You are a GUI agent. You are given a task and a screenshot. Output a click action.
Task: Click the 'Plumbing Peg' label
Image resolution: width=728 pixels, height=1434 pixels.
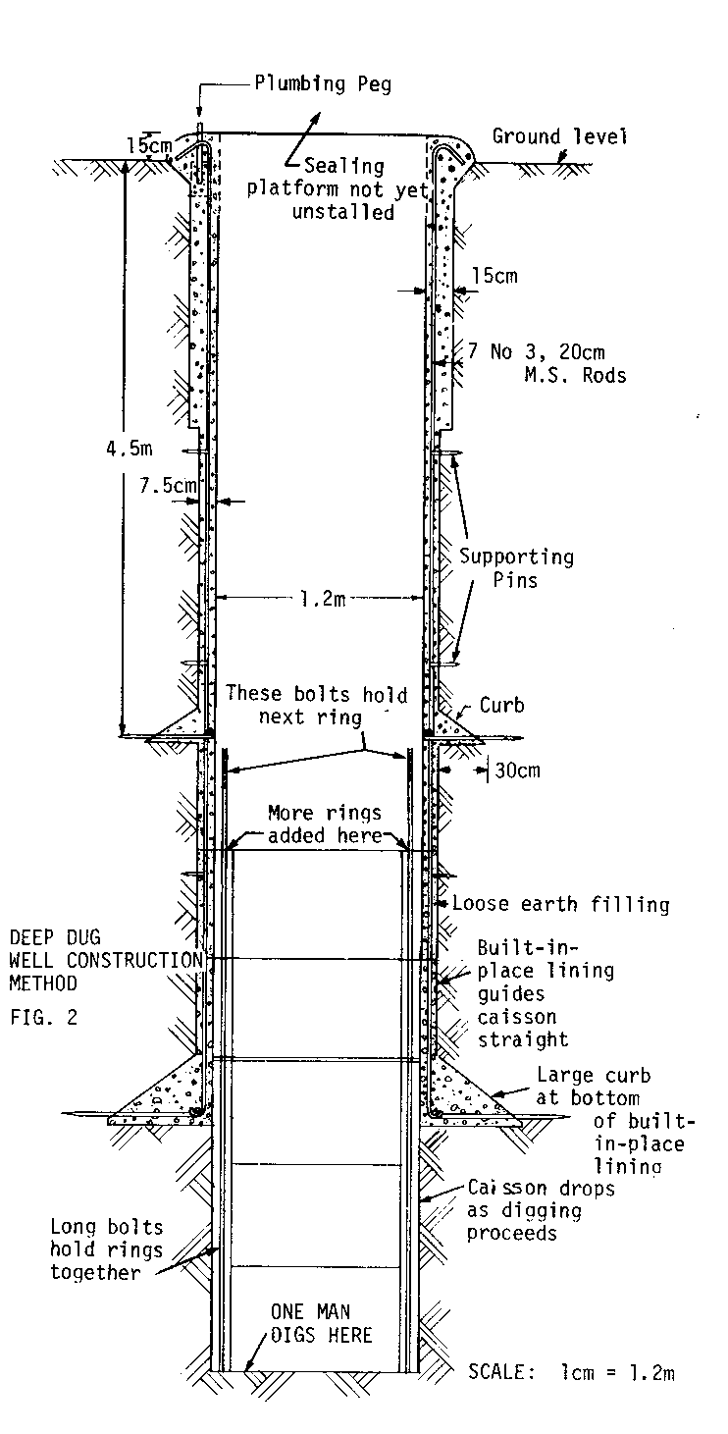click(x=323, y=84)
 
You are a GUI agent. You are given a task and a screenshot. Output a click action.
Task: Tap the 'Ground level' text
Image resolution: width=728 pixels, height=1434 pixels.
click(x=559, y=136)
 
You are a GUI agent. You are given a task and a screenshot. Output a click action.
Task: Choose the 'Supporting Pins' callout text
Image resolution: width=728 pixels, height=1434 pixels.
click(x=517, y=568)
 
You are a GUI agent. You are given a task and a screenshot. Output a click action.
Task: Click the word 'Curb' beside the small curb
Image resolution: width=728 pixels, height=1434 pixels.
click(x=502, y=706)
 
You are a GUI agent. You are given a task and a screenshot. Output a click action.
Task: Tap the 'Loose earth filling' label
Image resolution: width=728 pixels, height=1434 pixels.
click(x=560, y=904)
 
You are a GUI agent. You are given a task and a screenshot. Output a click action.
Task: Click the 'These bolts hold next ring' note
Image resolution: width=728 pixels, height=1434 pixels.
click(x=315, y=703)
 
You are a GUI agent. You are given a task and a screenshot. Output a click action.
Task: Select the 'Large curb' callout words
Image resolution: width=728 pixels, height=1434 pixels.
click(x=593, y=1076)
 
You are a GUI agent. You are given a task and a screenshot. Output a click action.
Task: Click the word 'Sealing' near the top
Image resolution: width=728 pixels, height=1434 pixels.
click(x=344, y=167)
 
